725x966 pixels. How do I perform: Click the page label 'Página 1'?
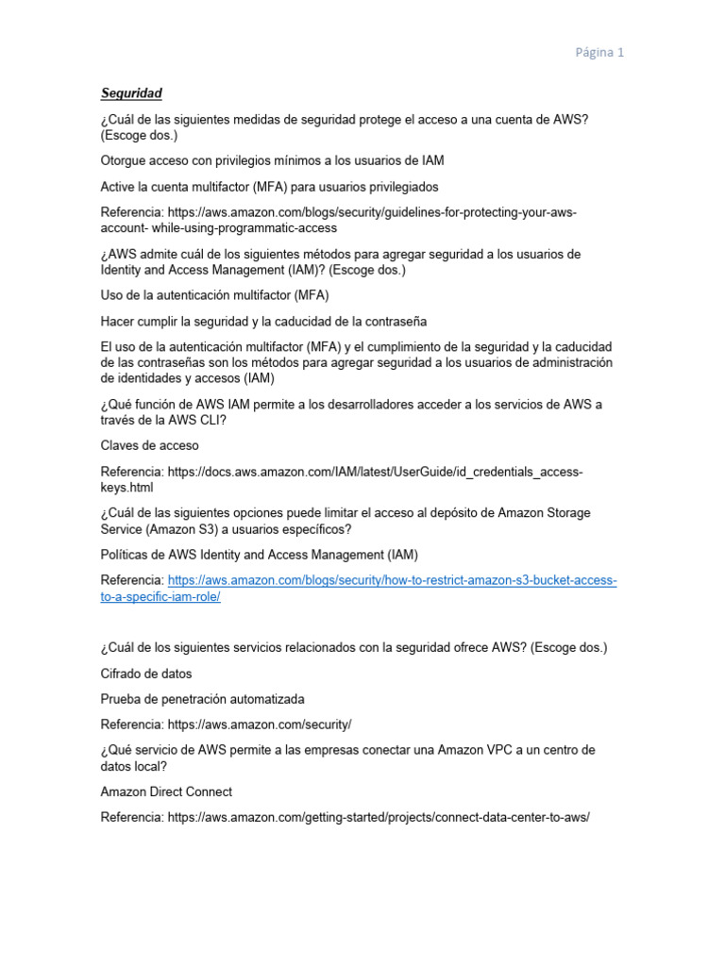tap(599, 53)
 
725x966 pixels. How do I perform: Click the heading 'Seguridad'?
tap(131, 92)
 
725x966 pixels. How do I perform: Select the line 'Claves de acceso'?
tap(149, 445)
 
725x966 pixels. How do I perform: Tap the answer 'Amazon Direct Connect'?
tap(166, 791)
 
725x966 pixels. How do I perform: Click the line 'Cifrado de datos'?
tap(146, 674)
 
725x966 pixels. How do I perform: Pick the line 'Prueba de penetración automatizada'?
tap(202, 699)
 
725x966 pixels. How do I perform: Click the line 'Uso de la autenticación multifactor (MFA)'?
tap(214, 295)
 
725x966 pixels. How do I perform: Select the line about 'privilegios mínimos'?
tap(272, 160)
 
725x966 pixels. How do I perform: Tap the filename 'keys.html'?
tap(126, 489)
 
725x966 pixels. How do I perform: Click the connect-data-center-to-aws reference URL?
tap(379, 817)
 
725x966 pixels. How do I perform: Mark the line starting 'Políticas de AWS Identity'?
tap(259, 555)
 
